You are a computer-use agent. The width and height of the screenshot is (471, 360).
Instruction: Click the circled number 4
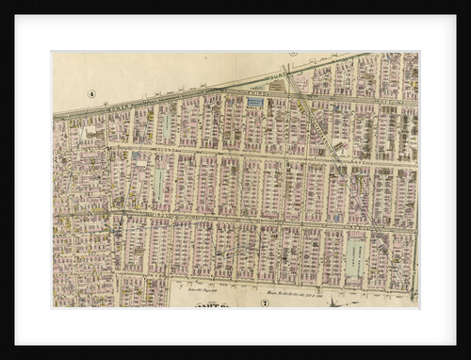(x=92, y=93)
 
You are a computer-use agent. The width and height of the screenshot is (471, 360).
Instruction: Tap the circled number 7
(x=265, y=303)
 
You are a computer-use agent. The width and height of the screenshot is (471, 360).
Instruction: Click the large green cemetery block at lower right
(x=355, y=257)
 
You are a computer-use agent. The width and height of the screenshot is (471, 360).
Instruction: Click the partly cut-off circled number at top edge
(x=293, y=55)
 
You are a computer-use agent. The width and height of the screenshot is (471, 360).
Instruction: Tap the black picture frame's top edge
(x=235, y=8)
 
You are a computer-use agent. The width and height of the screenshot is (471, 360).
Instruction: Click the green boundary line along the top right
(x=377, y=57)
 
